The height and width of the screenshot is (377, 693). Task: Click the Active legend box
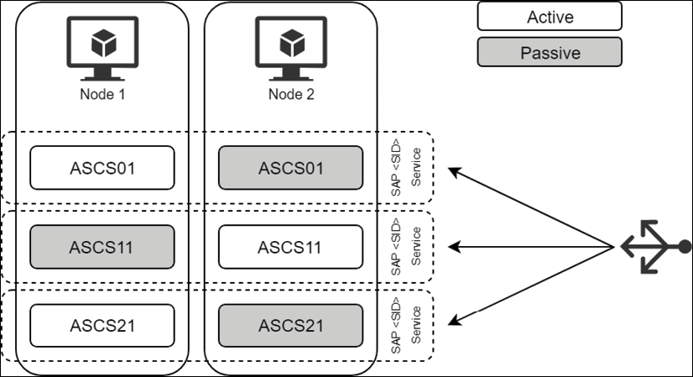pyautogui.click(x=550, y=16)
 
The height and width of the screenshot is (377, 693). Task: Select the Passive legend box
pyautogui.click(x=550, y=52)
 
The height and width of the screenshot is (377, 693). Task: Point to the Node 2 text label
pyautogui.click(x=290, y=94)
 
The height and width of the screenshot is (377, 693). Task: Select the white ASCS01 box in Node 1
pyautogui.click(x=102, y=167)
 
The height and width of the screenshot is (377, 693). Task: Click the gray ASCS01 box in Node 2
pyautogui.click(x=290, y=167)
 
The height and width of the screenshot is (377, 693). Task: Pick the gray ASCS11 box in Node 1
pyautogui.click(x=102, y=247)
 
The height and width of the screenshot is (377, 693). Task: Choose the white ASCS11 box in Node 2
pyautogui.click(x=290, y=247)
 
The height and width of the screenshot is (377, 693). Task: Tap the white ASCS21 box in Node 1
pyautogui.click(x=102, y=325)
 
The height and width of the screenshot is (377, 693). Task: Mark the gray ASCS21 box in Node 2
pyautogui.click(x=290, y=325)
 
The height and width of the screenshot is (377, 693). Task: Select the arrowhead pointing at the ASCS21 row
pyautogui.click(x=454, y=320)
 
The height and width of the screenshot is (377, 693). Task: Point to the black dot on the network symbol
pyautogui.click(x=685, y=247)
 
